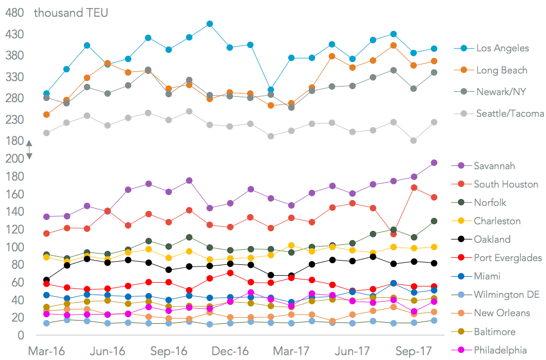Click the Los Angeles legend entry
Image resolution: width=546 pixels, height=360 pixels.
[x=502, y=49]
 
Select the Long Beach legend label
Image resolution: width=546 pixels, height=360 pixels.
[x=501, y=70]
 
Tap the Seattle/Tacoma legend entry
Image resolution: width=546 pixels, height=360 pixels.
[x=510, y=114]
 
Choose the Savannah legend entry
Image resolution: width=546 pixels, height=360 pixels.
[x=494, y=166]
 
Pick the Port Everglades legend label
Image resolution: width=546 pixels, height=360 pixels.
[x=508, y=258]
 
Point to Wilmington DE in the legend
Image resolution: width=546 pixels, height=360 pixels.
[x=507, y=295]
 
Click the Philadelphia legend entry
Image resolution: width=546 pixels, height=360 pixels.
[x=500, y=350]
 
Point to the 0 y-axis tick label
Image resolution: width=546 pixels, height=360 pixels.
[x=21, y=335]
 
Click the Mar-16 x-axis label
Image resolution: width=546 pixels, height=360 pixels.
[x=46, y=351]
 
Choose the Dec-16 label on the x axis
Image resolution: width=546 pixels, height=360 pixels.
[x=231, y=351]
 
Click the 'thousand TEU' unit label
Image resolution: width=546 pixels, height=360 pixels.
[x=71, y=12]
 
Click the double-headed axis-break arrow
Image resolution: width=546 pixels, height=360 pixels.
[x=29, y=150]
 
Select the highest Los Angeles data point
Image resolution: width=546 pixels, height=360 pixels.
[x=209, y=24]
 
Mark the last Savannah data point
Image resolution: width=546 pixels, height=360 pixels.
[x=434, y=163]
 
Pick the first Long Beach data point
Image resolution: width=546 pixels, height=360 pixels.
[x=46, y=115]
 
